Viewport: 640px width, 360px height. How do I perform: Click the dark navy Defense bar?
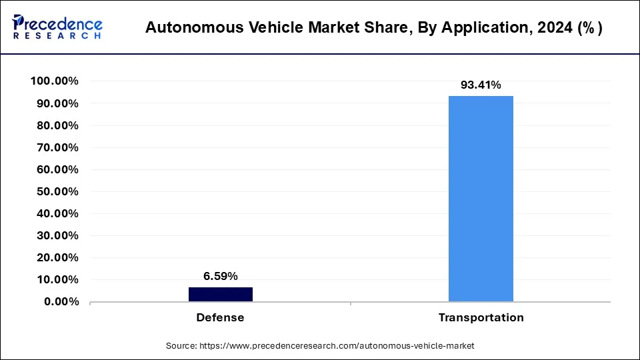tap(220, 294)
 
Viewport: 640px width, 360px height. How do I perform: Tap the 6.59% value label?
tap(220, 276)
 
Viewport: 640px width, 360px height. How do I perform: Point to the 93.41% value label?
tap(481, 85)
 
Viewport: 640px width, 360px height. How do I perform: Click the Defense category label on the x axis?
tap(220, 317)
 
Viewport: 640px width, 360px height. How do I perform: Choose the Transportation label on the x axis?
tap(481, 317)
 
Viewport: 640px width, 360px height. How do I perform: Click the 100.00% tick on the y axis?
tap(55, 81)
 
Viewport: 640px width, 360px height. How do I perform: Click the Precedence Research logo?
tap(57, 27)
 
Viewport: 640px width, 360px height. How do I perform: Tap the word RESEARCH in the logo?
tap(57, 35)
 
